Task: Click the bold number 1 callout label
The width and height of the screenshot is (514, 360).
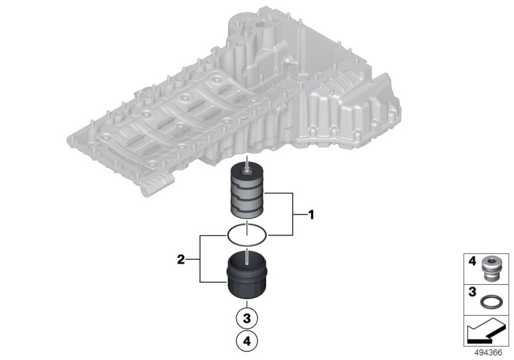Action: coord(311,215)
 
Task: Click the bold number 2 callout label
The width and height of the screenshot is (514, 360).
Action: coord(181,260)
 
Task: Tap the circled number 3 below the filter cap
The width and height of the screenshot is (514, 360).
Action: coord(247,318)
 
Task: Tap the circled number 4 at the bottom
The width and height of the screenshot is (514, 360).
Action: coord(247,341)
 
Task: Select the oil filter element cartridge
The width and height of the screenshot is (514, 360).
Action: coord(247,192)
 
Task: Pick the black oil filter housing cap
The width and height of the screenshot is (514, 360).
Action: coord(247,274)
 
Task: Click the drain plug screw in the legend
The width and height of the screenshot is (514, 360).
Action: coord(488,269)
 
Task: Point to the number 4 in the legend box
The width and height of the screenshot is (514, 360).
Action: coord(472,261)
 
